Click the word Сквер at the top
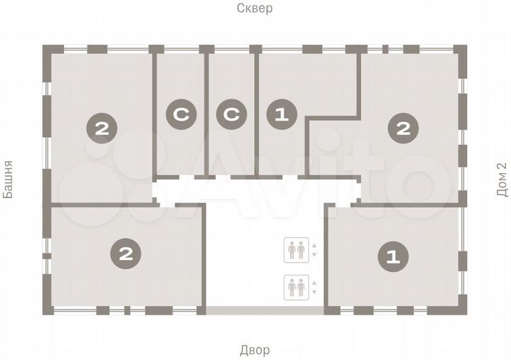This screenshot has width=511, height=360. tap(255, 9)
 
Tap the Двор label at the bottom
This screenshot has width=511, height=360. tap(254, 350)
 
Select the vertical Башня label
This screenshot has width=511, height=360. tap(9, 180)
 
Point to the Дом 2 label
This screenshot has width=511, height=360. tap(502, 180)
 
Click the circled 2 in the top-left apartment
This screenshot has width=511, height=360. tap(101, 129)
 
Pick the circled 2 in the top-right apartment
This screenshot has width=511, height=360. tap(402, 129)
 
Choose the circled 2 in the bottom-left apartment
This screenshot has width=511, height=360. tap(125, 253)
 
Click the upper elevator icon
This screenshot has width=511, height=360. tap(296, 250)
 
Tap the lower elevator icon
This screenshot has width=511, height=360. tap(296, 287)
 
